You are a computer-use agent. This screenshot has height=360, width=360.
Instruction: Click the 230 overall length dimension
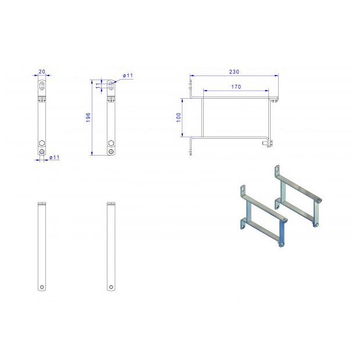(234, 71)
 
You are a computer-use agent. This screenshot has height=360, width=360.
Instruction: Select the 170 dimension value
(236, 87)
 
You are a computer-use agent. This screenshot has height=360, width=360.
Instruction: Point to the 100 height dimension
(179, 117)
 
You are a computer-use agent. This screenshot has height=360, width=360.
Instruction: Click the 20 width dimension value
(42, 71)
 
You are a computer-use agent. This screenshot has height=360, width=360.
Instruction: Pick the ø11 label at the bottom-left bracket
(54, 157)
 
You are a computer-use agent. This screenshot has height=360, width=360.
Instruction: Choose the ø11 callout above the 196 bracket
(128, 76)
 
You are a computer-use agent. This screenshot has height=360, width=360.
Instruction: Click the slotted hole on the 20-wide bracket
(42, 87)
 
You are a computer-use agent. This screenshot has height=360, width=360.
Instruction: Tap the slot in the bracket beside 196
(110, 86)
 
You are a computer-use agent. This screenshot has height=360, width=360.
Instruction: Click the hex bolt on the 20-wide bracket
(42, 143)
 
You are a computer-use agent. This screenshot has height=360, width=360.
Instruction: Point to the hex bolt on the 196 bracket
(110, 143)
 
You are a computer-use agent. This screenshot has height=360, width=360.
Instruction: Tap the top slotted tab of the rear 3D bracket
(277, 172)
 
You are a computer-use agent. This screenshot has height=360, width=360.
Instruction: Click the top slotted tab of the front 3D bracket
(243, 191)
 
